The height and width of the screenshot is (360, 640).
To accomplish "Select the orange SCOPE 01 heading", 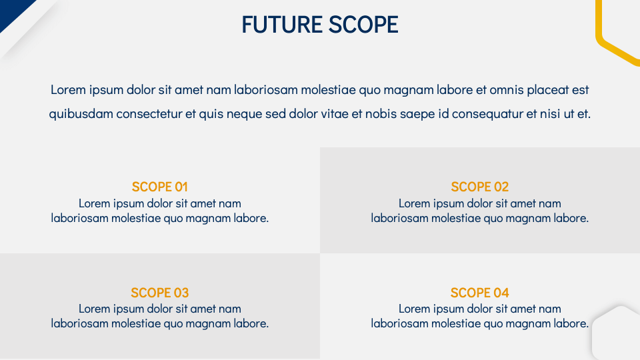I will (160, 187).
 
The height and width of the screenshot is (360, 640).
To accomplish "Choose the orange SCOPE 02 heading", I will (480, 187).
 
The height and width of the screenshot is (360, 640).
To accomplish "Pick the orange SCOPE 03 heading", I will (160, 293).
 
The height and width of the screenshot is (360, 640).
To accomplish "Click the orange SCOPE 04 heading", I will (480, 293).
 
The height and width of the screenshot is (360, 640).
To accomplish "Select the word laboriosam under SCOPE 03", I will (79, 324).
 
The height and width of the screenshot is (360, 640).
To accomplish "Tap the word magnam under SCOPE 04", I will (524, 324).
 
